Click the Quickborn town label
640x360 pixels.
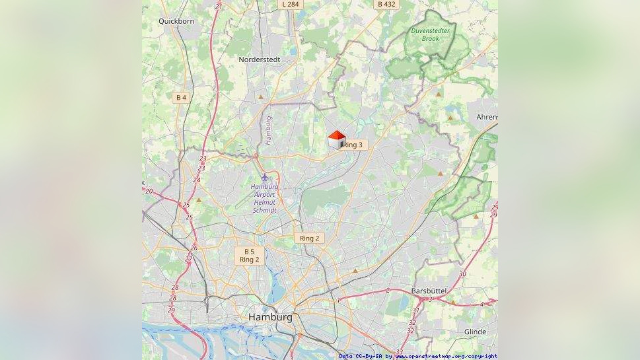pos(176,21)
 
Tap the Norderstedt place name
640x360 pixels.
pos(259,59)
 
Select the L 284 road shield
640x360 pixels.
pos(290,4)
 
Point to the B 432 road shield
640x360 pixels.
pos(386,4)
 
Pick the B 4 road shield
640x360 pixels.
pos(180,97)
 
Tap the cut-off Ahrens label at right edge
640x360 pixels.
pos(487,117)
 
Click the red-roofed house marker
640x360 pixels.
pos(336,139)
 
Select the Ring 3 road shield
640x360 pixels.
pos(353,145)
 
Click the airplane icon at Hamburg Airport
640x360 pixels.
pos(266,177)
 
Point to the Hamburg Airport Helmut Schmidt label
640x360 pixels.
pos(264,198)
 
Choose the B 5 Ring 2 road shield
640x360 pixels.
pos(249,256)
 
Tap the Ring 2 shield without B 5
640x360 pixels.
pos(309,238)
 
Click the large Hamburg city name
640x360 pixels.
pos(270,317)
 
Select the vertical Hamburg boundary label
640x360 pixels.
pos(268,130)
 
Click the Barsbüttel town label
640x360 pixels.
pos(429,291)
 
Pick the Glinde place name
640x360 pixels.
pos(475,332)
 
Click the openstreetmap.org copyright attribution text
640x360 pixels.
pos(446,356)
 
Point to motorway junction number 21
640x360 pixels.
pos(219,7)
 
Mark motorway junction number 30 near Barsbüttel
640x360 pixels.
pos(462,274)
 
